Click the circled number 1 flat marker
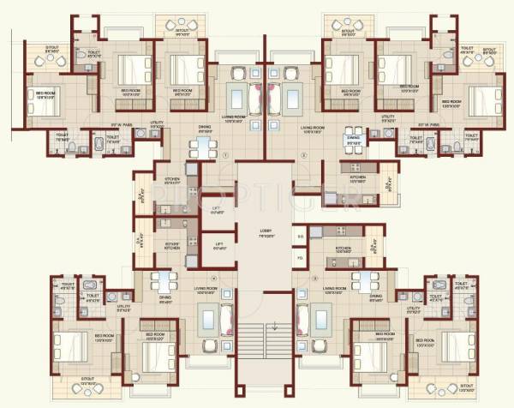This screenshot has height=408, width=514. [224, 154]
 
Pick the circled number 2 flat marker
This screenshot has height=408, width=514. [302, 154]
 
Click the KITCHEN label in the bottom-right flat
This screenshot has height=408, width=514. [344, 249]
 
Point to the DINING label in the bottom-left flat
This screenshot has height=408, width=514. [167, 300]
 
